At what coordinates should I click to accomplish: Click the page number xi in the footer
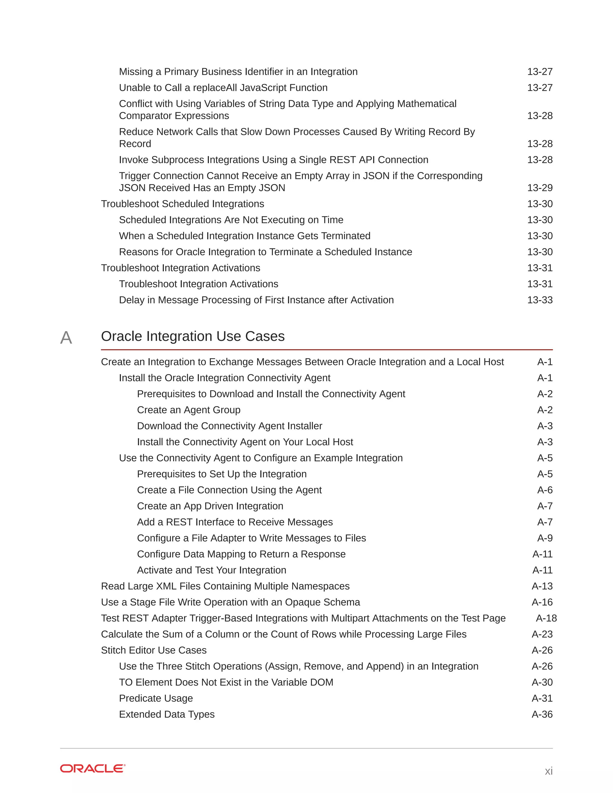click(548, 771)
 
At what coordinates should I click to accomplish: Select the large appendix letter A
click(66, 338)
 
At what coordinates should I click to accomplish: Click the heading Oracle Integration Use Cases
click(192, 336)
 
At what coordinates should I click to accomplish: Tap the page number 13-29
click(540, 188)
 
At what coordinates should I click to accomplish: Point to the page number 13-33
click(540, 300)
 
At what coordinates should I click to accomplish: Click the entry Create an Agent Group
click(189, 410)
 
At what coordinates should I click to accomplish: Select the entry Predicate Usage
click(156, 698)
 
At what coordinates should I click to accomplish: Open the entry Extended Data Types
click(167, 714)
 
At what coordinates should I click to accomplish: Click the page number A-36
click(542, 714)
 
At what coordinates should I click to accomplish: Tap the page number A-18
click(546, 618)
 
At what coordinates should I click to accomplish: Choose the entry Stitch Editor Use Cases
click(154, 650)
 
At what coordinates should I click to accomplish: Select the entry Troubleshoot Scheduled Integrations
click(182, 204)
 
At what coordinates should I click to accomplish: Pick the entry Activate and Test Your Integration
click(211, 570)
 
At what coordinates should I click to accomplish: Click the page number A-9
click(545, 538)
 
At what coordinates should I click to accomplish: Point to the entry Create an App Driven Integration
click(210, 506)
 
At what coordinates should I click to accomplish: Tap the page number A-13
click(542, 586)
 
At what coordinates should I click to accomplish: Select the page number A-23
click(542, 634)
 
